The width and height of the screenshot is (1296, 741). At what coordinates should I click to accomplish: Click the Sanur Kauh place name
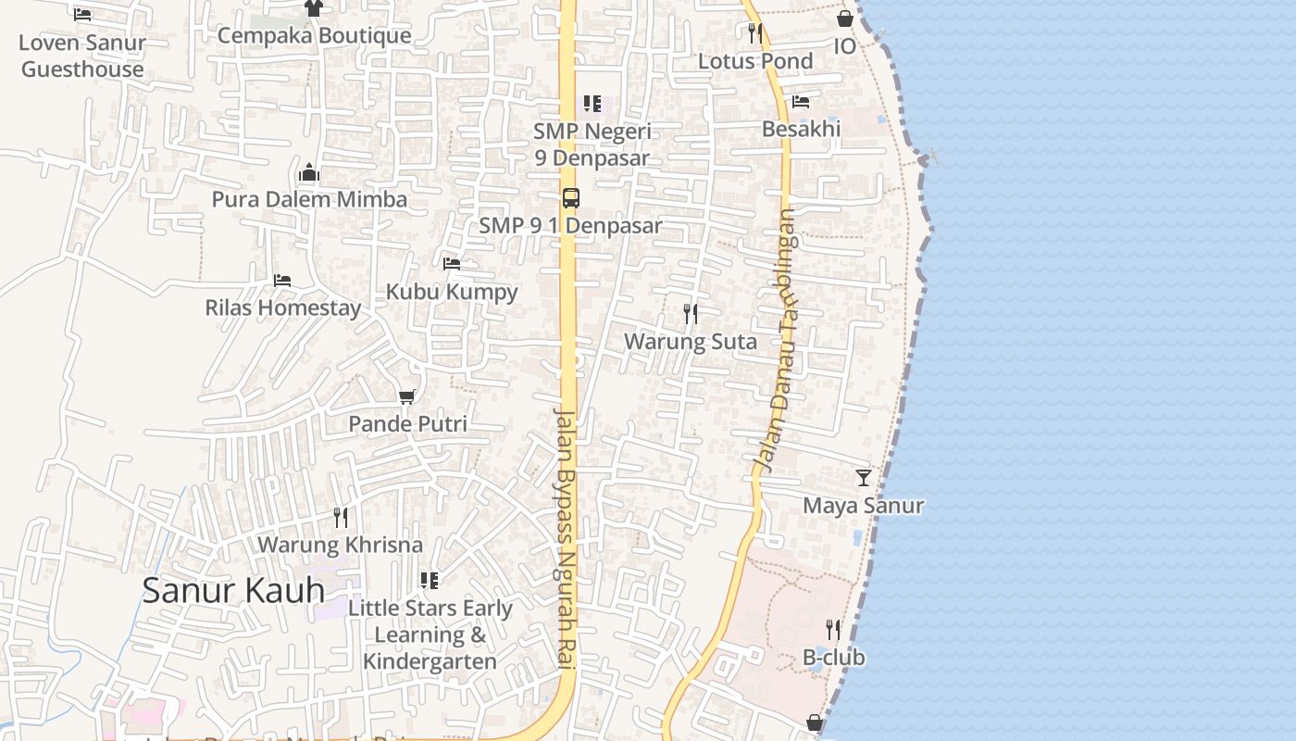point(233,590)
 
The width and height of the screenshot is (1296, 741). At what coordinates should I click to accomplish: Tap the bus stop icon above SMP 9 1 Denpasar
point(571,197)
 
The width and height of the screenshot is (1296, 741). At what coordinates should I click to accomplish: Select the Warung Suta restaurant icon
point(691,314)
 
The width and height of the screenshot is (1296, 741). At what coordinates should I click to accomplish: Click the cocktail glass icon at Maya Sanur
point(864,478)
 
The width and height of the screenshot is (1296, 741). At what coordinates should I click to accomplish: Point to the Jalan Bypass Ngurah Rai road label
point(566,537)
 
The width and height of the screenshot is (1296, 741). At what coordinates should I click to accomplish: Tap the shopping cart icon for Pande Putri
point(406,396)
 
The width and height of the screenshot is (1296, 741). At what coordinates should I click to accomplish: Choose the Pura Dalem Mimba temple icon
point(309,172)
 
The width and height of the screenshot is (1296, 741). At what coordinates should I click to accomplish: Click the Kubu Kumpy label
point(452,292)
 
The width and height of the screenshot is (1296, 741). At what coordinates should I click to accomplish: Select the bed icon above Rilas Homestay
point(282,280)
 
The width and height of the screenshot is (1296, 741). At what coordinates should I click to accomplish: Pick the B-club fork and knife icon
point(833,630)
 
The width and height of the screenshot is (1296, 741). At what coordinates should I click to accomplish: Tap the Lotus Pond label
point(755,61)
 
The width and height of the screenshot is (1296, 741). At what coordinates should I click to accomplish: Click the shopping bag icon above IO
point(845,19)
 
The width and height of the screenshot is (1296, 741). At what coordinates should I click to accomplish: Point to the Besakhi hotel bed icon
point(801,101)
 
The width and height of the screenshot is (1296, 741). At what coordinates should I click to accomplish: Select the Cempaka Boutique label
point(314,35)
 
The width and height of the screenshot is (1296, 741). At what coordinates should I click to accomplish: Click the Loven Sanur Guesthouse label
point(82,56)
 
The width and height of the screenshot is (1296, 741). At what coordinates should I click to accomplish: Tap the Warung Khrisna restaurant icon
point(341,518)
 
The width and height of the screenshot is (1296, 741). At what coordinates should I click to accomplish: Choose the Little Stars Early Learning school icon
point(430,581)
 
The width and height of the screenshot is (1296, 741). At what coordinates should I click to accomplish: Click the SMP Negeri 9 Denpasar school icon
point(592,104)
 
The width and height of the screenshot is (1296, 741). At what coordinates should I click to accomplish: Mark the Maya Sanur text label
point(863,506)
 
